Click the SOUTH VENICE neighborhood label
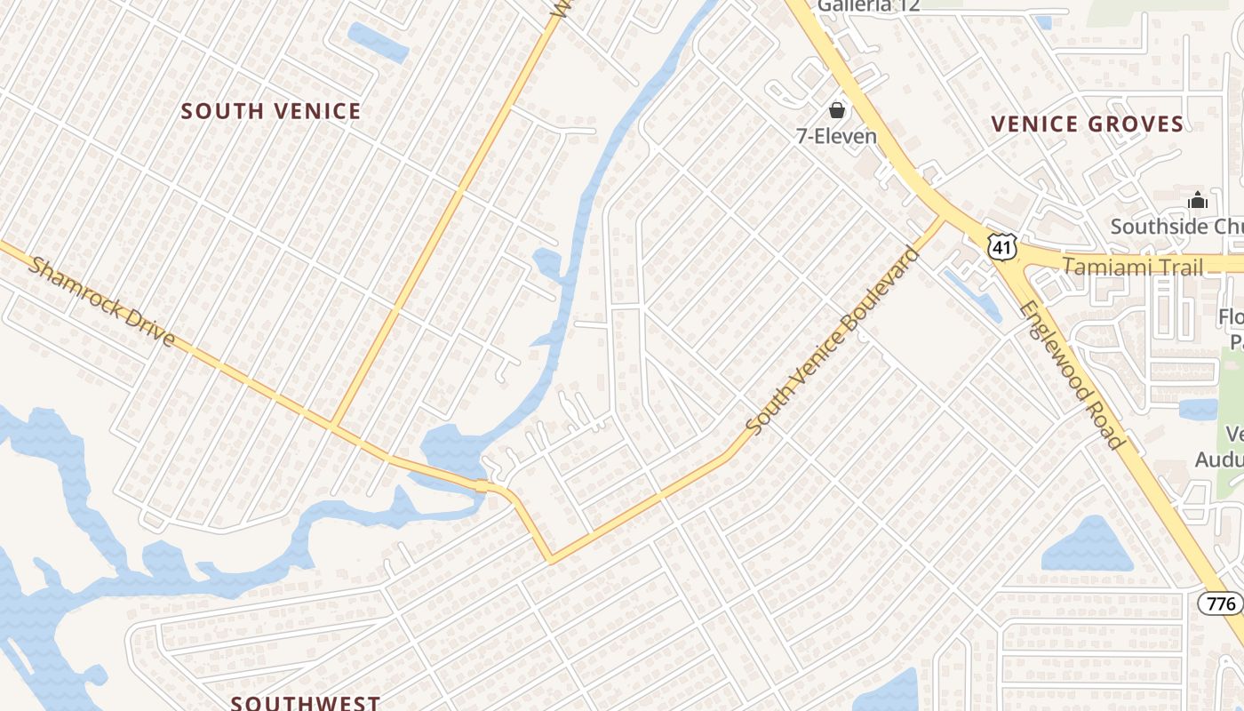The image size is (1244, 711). (271, 111)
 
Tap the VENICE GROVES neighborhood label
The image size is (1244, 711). (1088, 124)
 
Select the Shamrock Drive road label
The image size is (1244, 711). (102, 301)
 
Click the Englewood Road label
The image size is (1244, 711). (1073, 374)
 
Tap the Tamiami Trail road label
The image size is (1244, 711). (1133, 267)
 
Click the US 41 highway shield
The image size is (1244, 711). (1001, 246)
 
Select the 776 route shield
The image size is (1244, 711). (1222, 603)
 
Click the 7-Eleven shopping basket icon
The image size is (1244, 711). (836, 110)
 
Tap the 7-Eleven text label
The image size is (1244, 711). (836, 136)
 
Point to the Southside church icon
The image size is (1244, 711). (1198, 201)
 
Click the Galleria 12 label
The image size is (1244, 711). (868, 5)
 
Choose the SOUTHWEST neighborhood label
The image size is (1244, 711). (306, 703)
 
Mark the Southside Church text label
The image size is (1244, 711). (1176, 226)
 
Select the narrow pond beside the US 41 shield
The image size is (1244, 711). (972, 294)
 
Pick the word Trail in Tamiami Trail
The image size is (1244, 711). (1177, 267)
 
